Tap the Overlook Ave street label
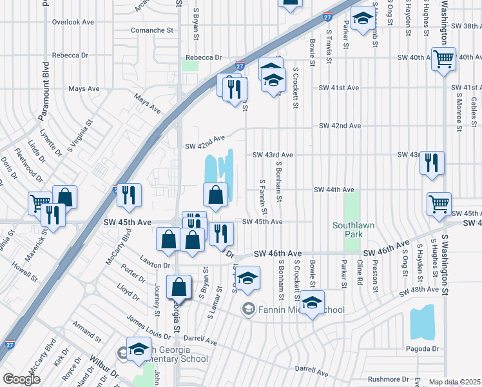pos(73,22)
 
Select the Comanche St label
pos(153,30)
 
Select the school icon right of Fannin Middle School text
pos(312,302)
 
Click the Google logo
pos(21,379)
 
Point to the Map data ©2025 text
pos(455,382)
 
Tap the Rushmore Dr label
pos(388,379)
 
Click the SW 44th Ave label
pos(334,190)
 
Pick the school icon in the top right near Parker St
pos(363,19)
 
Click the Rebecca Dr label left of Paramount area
pos(69,55)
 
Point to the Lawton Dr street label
pos(157,265)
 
